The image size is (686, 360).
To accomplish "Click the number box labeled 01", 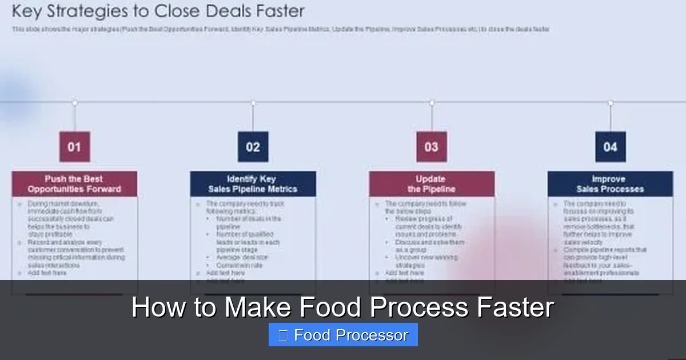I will click(x=74, y=147).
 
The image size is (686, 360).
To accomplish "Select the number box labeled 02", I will click(x=253, y=147).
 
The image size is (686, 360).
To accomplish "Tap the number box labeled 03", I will click(x=432, y=147).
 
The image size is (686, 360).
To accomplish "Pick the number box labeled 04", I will click(x=610, y=147).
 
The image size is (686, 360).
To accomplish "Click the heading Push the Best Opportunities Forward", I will click(x=74, y=184).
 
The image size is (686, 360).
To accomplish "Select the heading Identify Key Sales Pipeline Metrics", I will click(x=253, y=184).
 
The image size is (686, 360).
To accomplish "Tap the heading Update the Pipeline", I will click(x=432, y=184).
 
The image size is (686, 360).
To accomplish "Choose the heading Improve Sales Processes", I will click(x=610, y=184).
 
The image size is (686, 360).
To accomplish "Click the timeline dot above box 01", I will click(x=74, y=103).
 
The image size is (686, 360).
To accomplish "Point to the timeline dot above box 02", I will click(x=253, y=103).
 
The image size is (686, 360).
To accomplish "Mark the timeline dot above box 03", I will click(x=432, y=103).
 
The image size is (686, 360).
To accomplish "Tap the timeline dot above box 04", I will click(x=610, y=103).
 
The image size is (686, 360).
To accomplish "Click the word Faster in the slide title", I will click(x=278, y=11).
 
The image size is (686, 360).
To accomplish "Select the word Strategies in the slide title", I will click(x=80, y=11).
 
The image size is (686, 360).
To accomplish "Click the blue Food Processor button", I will click(x=343, y=335).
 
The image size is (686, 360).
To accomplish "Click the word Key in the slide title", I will click(x=26, y=11).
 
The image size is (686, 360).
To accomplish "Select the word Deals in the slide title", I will click(x=223, y=11).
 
